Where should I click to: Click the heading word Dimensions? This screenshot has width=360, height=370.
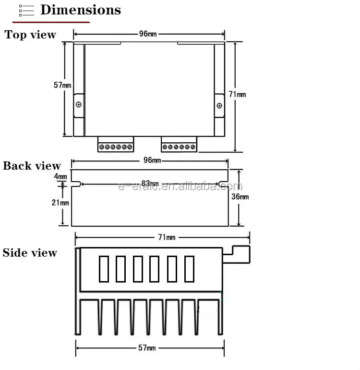[x=81, y=10]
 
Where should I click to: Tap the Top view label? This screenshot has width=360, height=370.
[x=30, y=35]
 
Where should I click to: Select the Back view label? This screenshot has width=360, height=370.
[x=32, y=166]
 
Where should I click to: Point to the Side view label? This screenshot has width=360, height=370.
[x=30, y=253]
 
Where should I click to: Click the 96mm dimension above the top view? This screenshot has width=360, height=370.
[x=149, y=34]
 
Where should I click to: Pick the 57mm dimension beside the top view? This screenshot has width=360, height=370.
[x=62, y=85]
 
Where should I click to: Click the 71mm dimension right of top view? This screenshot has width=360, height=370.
[x=237, y=94]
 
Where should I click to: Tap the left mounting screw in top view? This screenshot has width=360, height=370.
[x=79, y=104]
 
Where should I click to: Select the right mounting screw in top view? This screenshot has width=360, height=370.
[x=219, y=105]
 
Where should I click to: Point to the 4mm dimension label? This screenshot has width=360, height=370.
[x=60, y=176]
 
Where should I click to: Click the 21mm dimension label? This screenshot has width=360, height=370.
[x=60, y=202]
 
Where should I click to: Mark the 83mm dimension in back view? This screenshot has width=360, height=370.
[x=150, y=184]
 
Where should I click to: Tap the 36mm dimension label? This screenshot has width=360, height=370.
[x=240, y=197]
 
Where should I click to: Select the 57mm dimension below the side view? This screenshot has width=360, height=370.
[x=147, y=348]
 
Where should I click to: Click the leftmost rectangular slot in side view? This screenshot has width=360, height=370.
[x=104, y=269]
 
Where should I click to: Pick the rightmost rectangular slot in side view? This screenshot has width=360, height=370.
[x=189, y=269]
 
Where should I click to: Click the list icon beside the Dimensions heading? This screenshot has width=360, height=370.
[x=26, y=11]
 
